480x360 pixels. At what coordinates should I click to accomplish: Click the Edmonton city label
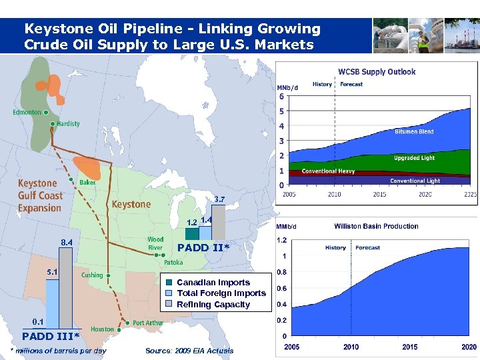[x=27, y=113]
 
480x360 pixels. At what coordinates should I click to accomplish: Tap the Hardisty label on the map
[x=68, y=123]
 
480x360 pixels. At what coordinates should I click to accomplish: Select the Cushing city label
[x=92, y=275]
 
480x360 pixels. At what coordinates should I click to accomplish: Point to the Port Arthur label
[x=147, y=323]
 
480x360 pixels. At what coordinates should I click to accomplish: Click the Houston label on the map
[x=102, y=329]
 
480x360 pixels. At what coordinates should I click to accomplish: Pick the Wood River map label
[x=155, y=243]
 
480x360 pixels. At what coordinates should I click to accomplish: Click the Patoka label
[x=173, y=263]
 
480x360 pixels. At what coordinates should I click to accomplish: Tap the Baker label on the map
[x=87, y=182]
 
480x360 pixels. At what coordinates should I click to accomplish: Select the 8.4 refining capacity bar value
[x=67, y=243]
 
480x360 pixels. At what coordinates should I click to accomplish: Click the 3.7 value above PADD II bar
[x=219, y=199]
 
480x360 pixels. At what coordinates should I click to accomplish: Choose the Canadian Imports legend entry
[x=213, y=283]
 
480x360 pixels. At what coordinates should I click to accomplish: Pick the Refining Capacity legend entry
[x=213, y=305]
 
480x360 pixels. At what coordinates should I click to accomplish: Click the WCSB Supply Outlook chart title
[x=377, y=71]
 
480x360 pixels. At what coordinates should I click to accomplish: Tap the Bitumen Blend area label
[x=414, y=131]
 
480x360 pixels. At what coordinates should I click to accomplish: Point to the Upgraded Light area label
[x=414, y=158]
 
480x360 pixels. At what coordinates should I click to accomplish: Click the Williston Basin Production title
[x=376, y=226]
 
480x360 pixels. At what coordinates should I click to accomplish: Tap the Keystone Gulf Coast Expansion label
[x=40, y=195]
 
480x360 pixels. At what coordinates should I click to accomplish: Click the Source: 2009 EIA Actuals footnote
[x=189, y=351]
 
